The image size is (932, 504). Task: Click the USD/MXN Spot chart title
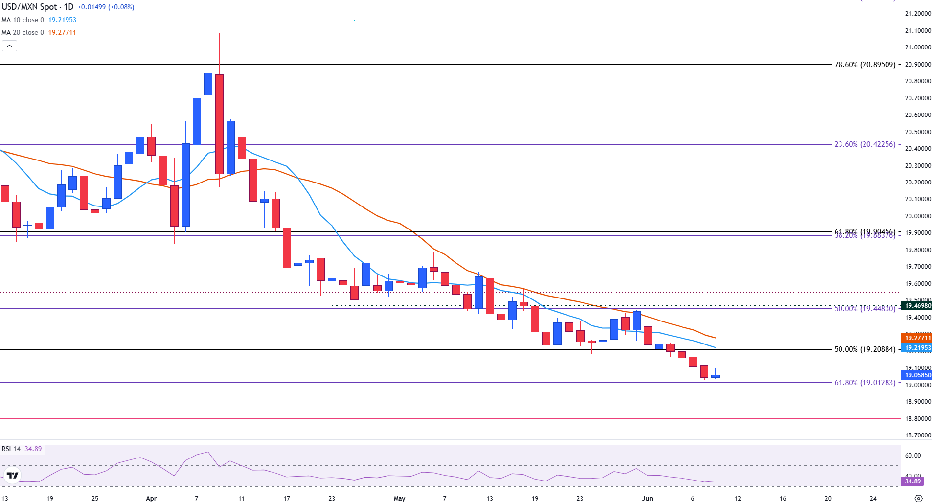37,7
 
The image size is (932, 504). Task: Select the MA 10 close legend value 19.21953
62,20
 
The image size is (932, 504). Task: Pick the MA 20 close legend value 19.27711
62,32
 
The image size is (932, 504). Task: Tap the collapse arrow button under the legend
9,46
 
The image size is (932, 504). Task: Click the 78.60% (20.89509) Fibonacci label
865,65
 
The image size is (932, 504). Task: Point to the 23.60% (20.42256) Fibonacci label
865,144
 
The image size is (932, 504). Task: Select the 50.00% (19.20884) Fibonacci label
865,349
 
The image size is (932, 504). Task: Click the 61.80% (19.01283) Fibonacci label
865,383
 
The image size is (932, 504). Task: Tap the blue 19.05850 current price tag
917,375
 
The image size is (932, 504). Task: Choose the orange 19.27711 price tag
917,338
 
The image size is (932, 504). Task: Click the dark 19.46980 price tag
917,306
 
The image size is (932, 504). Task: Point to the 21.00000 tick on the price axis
917,47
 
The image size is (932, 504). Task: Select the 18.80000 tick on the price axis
917,419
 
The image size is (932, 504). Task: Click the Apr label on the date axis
151,499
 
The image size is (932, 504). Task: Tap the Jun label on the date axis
647,499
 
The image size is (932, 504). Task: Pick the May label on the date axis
399,499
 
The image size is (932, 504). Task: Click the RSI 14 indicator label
11,449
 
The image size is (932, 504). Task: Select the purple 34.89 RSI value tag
913,481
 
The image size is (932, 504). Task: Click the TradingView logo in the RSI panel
12,475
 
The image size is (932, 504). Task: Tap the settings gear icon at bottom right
918,499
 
